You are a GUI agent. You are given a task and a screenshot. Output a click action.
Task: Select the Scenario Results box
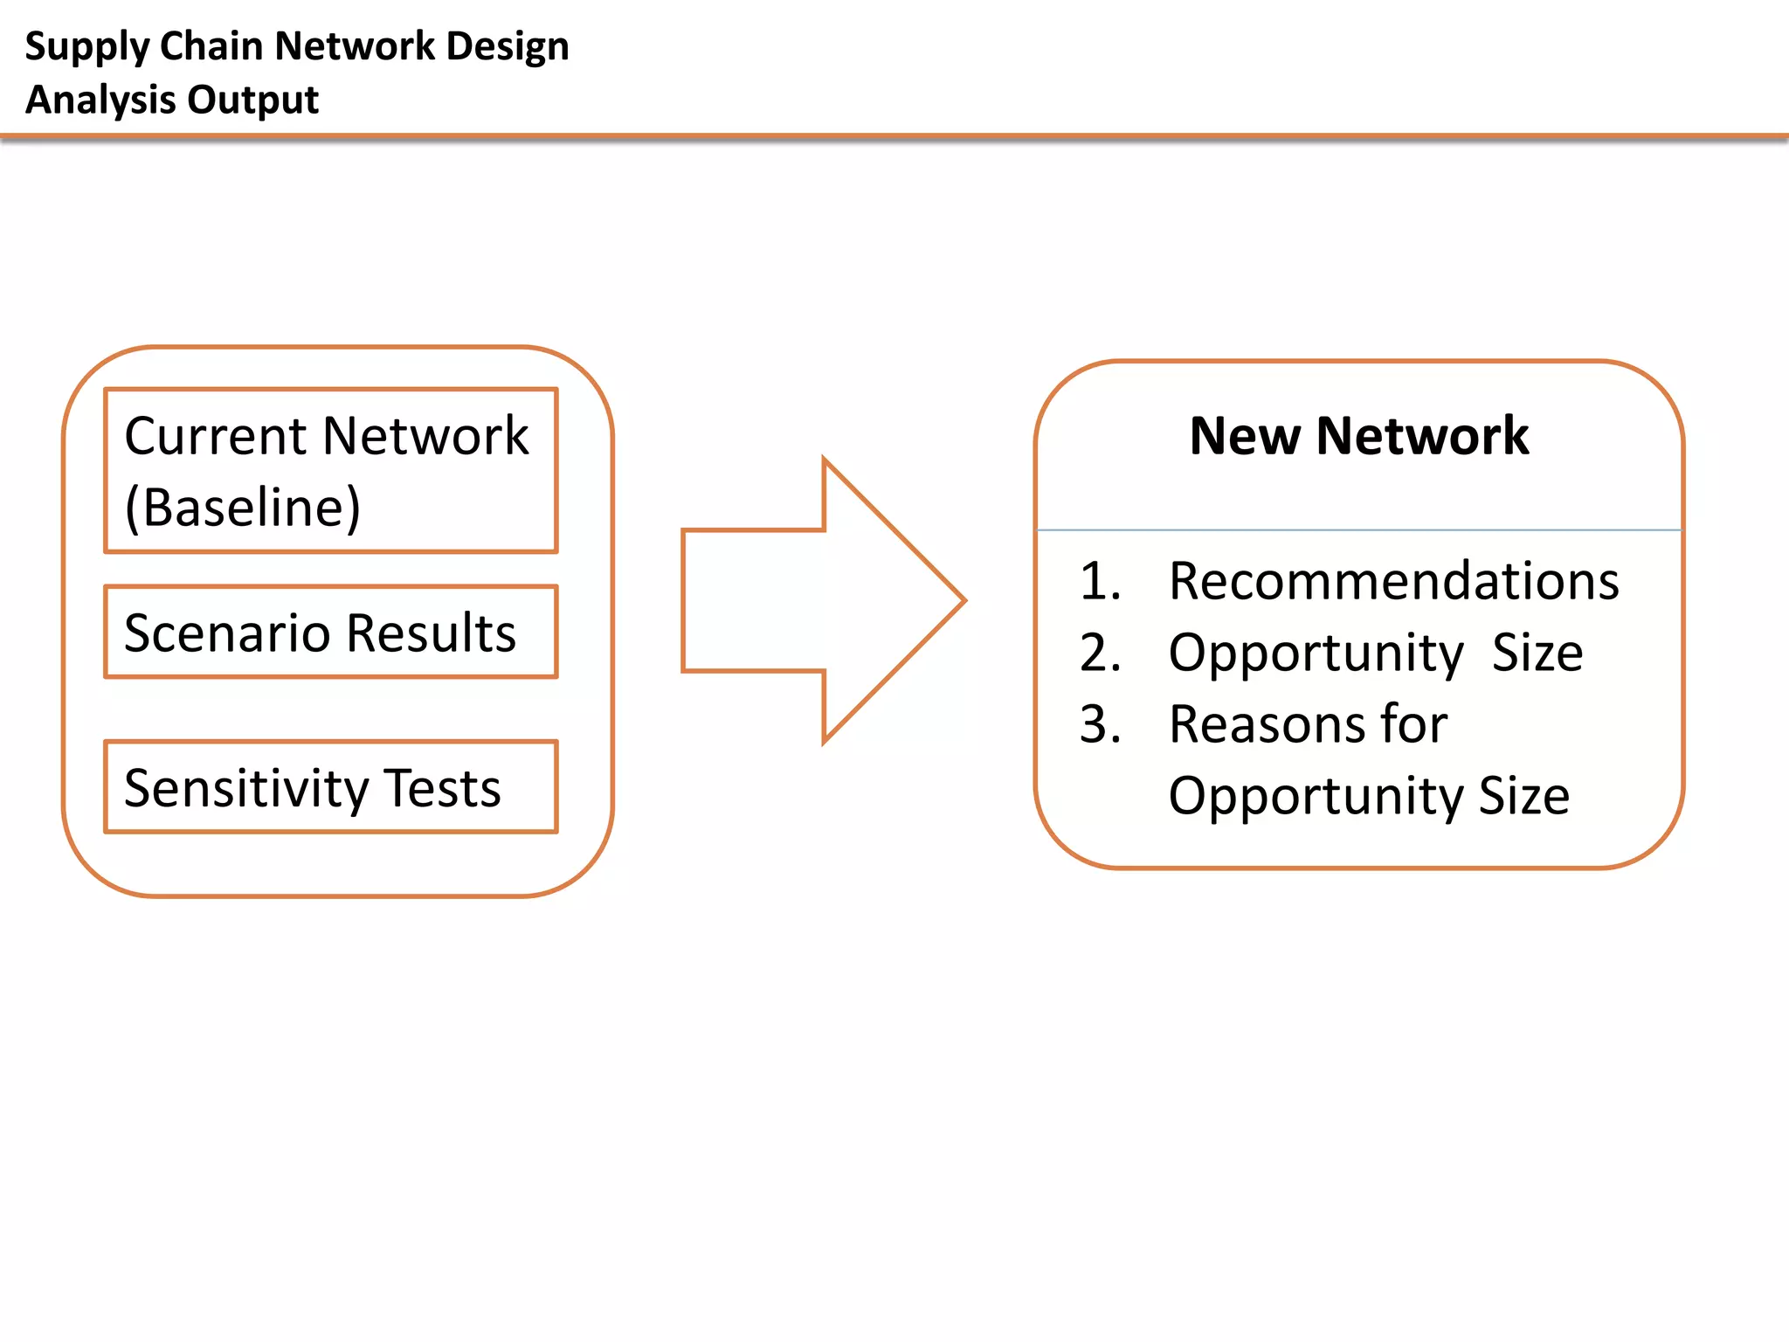[330, 632]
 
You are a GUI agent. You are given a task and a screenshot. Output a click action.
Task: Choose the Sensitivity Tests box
[330, 787]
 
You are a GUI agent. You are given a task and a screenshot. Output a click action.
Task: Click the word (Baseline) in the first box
[243, 508]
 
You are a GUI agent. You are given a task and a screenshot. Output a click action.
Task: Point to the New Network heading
[1358, 435]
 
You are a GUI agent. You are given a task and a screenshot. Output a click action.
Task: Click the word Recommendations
[1393, 581]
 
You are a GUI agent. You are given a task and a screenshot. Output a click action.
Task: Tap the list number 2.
[1100, 653]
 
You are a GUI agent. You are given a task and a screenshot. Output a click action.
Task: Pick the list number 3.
[1100, 724]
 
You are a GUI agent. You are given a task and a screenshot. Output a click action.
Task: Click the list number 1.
[1100, 581]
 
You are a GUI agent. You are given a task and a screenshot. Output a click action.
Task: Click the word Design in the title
[507, 47]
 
